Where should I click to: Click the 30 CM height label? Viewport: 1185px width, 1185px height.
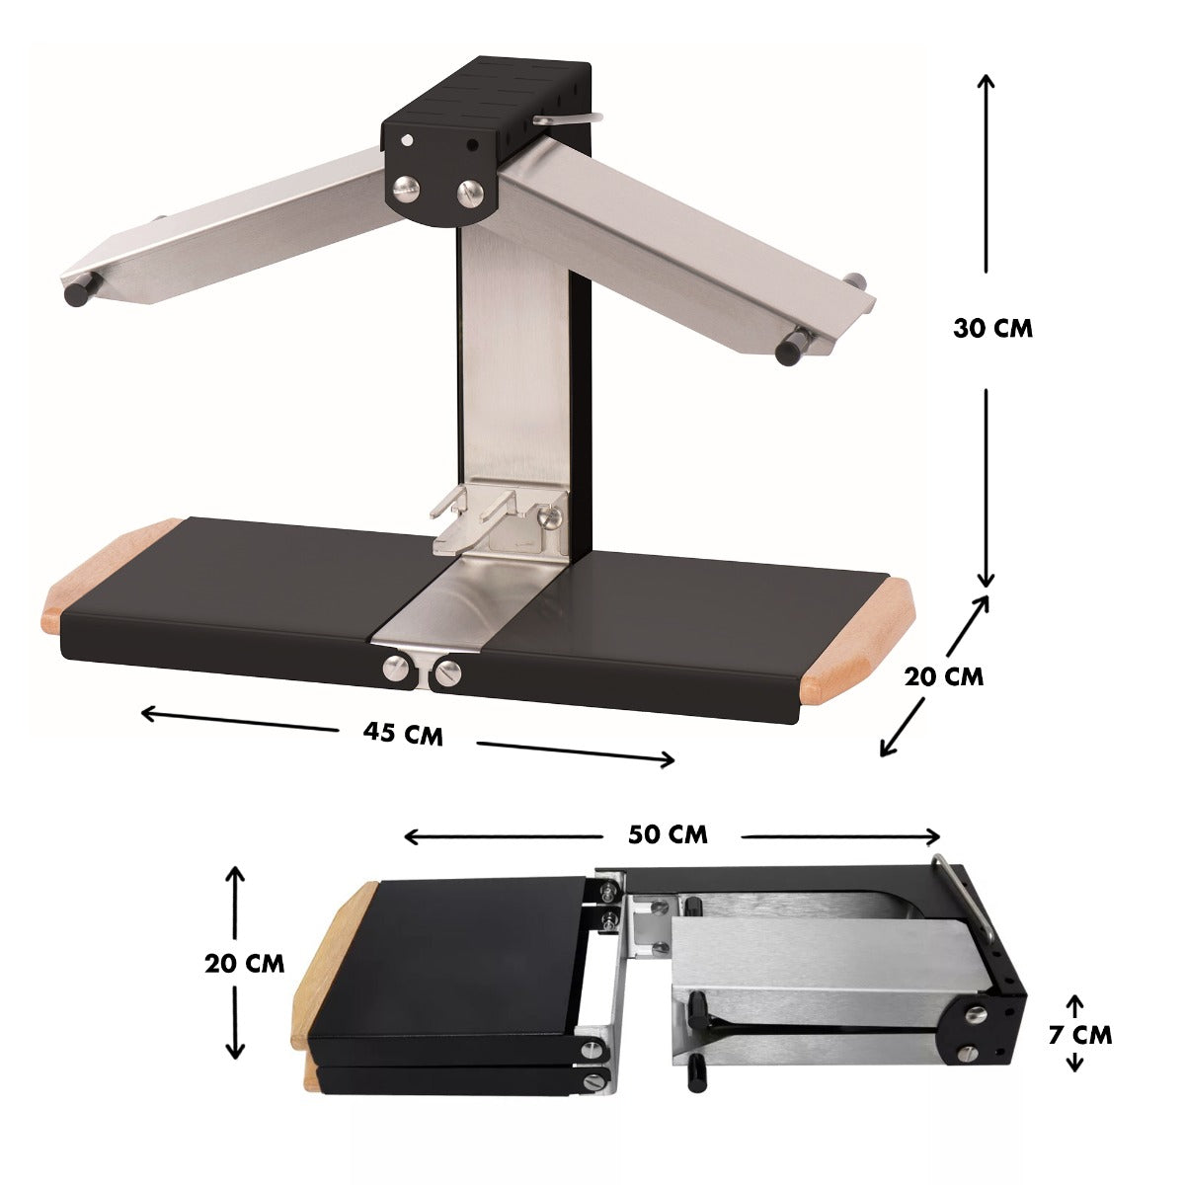[x=992, y=329]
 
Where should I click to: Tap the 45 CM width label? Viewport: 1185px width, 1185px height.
[x=403, y=734]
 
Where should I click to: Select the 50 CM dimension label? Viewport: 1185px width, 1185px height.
[x=668, y=834]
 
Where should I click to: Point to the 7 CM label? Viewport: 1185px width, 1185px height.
[x=1080, y=1035]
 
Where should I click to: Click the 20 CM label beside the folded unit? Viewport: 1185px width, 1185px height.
[x=245, y=963]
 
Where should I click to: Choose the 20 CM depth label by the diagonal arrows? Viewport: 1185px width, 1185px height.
[x=944, y=677]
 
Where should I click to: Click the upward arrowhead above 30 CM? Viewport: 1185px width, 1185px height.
[x=987, y=82]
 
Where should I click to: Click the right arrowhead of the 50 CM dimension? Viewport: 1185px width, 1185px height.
[x=932, y=837]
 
